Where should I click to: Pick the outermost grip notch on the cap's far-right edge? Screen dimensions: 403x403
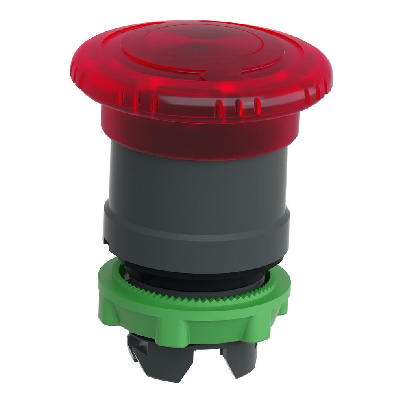pos(325,85)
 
